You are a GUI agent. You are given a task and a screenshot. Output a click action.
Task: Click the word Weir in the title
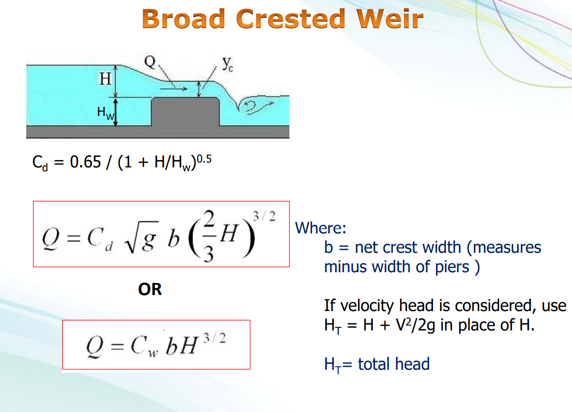pos(389,18)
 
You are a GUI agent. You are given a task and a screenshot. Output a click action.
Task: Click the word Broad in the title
pos(183,18)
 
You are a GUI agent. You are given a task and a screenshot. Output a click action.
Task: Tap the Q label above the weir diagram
pos(150,62)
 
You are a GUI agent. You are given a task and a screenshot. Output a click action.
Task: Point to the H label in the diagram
pos(105,79)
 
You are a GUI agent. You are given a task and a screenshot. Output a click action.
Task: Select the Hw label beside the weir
pos(106,113)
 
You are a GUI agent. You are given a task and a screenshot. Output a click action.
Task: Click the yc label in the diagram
pos(228,64)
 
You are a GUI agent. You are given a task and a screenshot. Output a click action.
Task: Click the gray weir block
pos(185,112)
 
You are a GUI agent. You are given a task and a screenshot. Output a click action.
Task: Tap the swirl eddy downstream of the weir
pos(255,106)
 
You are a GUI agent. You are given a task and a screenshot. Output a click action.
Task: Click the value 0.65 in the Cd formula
pos(85,162)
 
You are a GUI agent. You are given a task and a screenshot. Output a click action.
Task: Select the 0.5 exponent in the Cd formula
pos(204,159)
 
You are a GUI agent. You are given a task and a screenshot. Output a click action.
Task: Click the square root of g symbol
pos(141,237)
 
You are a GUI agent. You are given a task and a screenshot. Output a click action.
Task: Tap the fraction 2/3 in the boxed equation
pos(208,236)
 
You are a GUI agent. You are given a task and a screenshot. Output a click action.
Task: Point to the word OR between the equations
pos(150,290)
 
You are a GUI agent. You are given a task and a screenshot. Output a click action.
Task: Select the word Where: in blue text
pos(320,228)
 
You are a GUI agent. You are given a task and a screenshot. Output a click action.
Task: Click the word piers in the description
pos(452,267)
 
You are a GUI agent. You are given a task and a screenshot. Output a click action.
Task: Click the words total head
pos(394,364)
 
